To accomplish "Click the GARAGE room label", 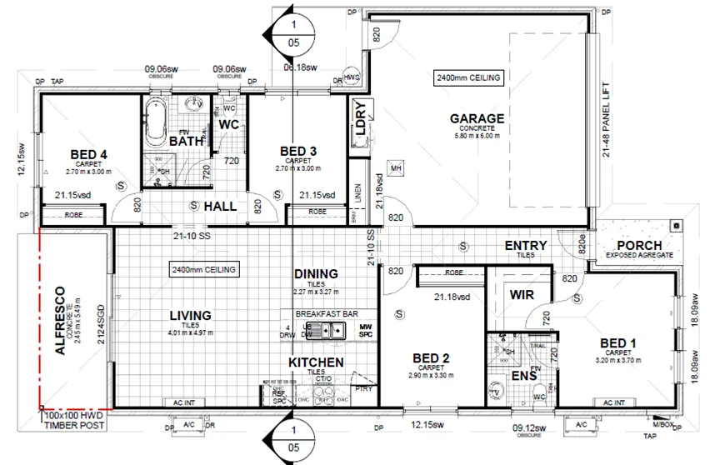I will click(x=477, y=118).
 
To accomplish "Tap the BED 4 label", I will click(x=87, y=154).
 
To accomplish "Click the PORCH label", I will click(x=638, y=246).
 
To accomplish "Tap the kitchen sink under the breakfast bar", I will click(x=339, y=332).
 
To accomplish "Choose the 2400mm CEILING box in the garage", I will click(x=468, y=77).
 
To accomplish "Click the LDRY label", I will click(x=361, y=119).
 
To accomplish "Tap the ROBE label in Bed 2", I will click(x=454, y=272).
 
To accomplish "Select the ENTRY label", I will click(x=526, y=246).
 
